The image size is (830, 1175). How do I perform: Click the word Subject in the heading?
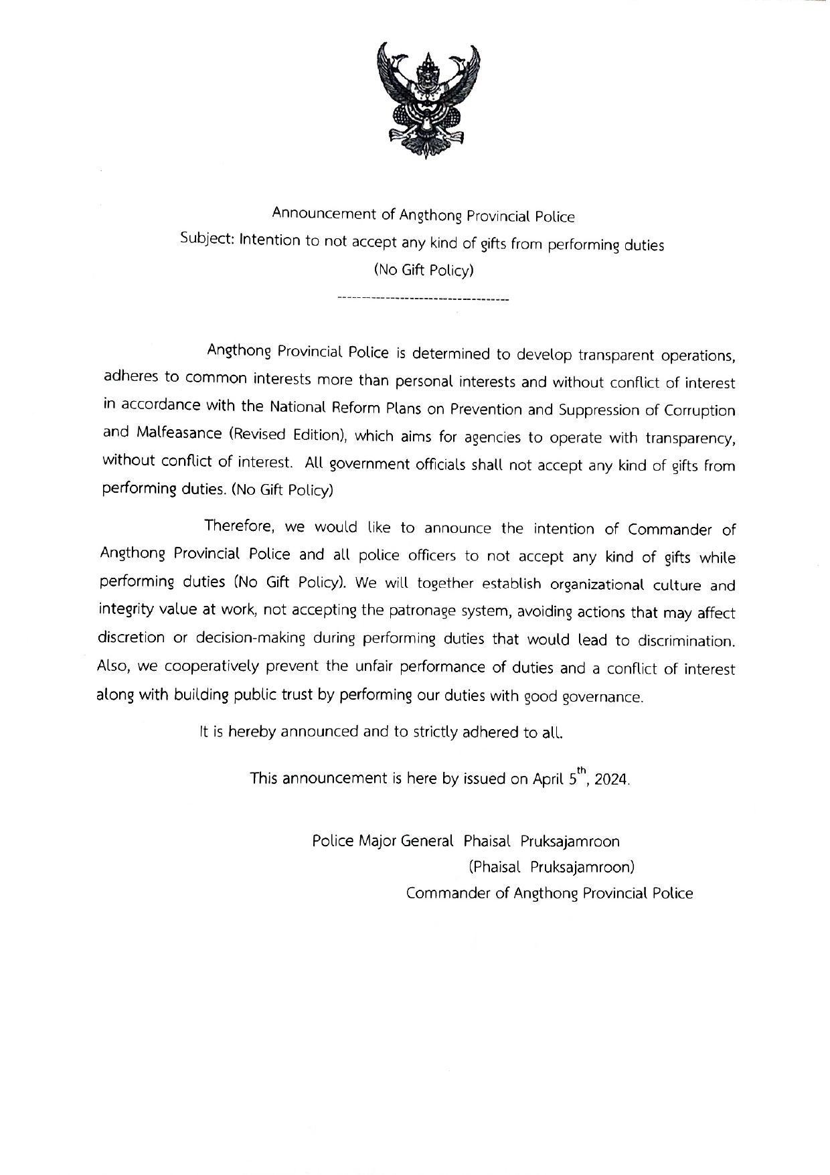click(206, 239)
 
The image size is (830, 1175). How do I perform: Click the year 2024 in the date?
click(611, 780)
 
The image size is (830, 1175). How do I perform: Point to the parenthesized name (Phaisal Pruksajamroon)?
click(551, 867)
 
